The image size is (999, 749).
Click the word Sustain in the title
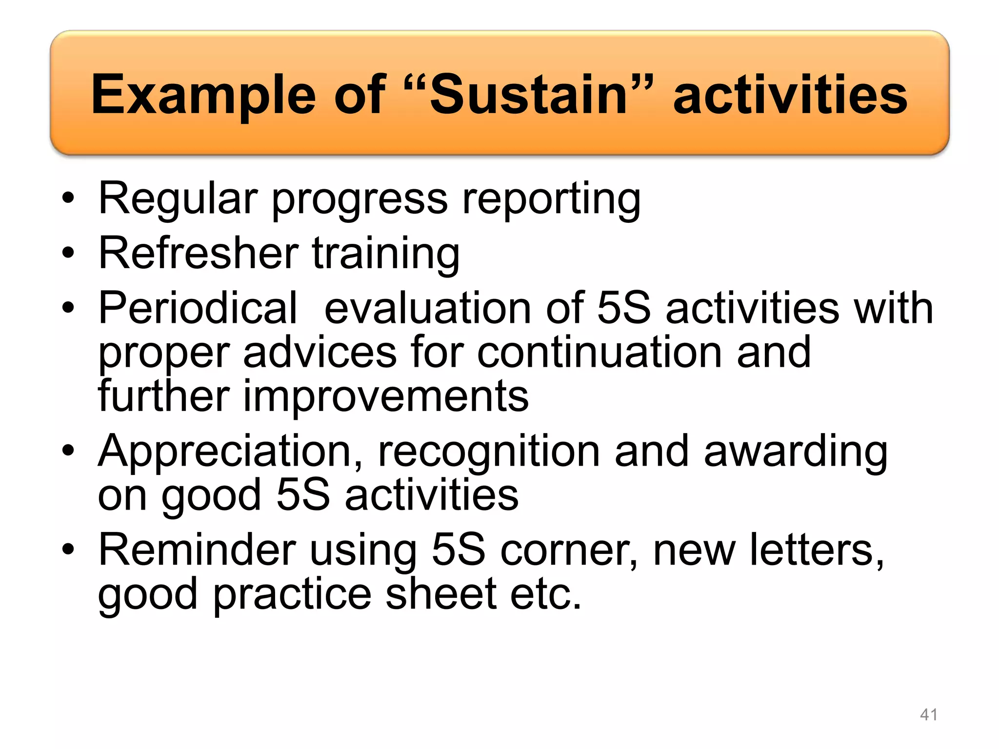pos(528,95)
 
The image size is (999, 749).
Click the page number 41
pos(928,714)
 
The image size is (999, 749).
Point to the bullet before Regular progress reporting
pos(68,198)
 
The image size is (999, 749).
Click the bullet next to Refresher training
pos(68,253)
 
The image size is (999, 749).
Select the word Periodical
pos(198,308)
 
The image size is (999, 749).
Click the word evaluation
pos(427,308)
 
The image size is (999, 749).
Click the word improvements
pos(385,395)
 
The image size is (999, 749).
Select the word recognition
pos(489,451)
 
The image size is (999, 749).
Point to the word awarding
pos(795,451)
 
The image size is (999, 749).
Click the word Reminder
pos(197,550)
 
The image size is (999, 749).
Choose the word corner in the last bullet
pos(569,550)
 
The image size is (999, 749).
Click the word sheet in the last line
pos(441,594)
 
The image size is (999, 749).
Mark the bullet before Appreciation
pos(68,451)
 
